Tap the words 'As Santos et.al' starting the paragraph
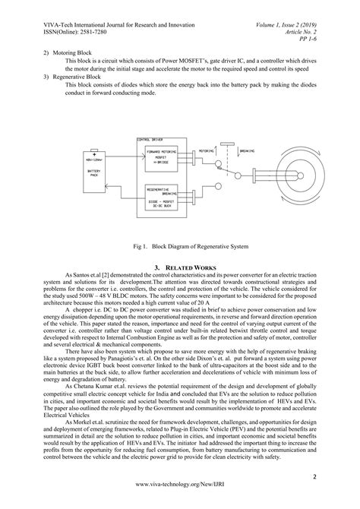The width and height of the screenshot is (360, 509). coord(90,277)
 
